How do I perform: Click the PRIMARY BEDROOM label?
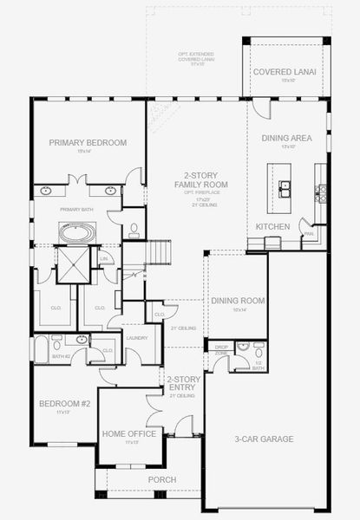point(88,143)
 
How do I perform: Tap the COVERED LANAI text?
point(285,73)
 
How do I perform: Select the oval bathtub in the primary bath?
point(78,232)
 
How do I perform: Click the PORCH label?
point(161,479)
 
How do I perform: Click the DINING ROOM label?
point(238,301)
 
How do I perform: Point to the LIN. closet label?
point(104,258)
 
